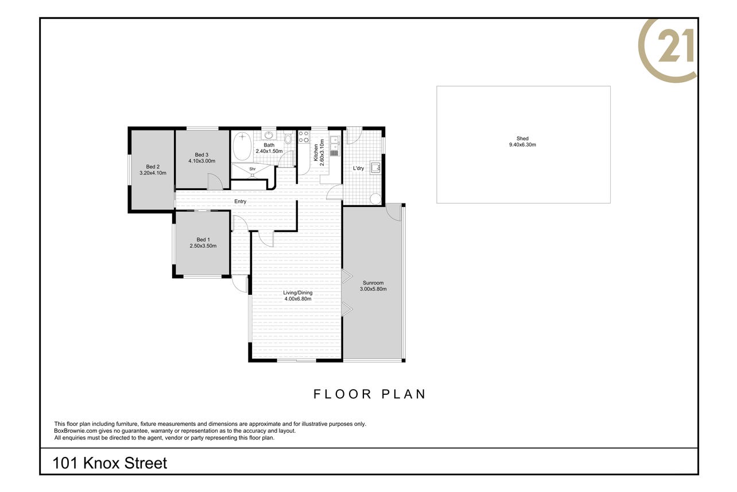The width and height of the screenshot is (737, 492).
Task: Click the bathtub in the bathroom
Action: pos(242,147)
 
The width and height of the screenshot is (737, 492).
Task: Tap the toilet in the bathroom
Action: pos(288,138)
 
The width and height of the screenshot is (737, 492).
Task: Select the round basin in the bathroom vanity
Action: pos(269,135)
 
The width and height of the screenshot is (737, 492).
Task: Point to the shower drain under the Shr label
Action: pos(253,175)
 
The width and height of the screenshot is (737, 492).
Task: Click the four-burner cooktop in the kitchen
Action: pos(304,137)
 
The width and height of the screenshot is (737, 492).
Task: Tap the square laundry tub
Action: pos(375,167)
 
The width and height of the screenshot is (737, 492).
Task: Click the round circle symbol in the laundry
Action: pos(375,199)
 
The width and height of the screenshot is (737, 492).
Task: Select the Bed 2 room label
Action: pos(153,167)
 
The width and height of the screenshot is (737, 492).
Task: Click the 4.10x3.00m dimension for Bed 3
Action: pos(201,161)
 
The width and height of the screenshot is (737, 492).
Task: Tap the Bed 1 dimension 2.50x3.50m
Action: pos(203,246)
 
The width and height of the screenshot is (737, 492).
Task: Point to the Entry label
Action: pos(240,201)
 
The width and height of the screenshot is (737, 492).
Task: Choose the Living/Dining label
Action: pos(298,293)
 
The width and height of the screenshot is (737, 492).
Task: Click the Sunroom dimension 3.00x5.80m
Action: pos(373,289)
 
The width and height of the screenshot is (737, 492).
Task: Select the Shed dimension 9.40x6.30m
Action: pos(522,145)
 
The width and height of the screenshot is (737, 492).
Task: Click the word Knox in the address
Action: pos(102,463)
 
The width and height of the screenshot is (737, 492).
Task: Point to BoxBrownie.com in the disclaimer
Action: pos(76,430)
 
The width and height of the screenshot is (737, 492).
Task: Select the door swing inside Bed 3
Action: pos(215,181)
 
